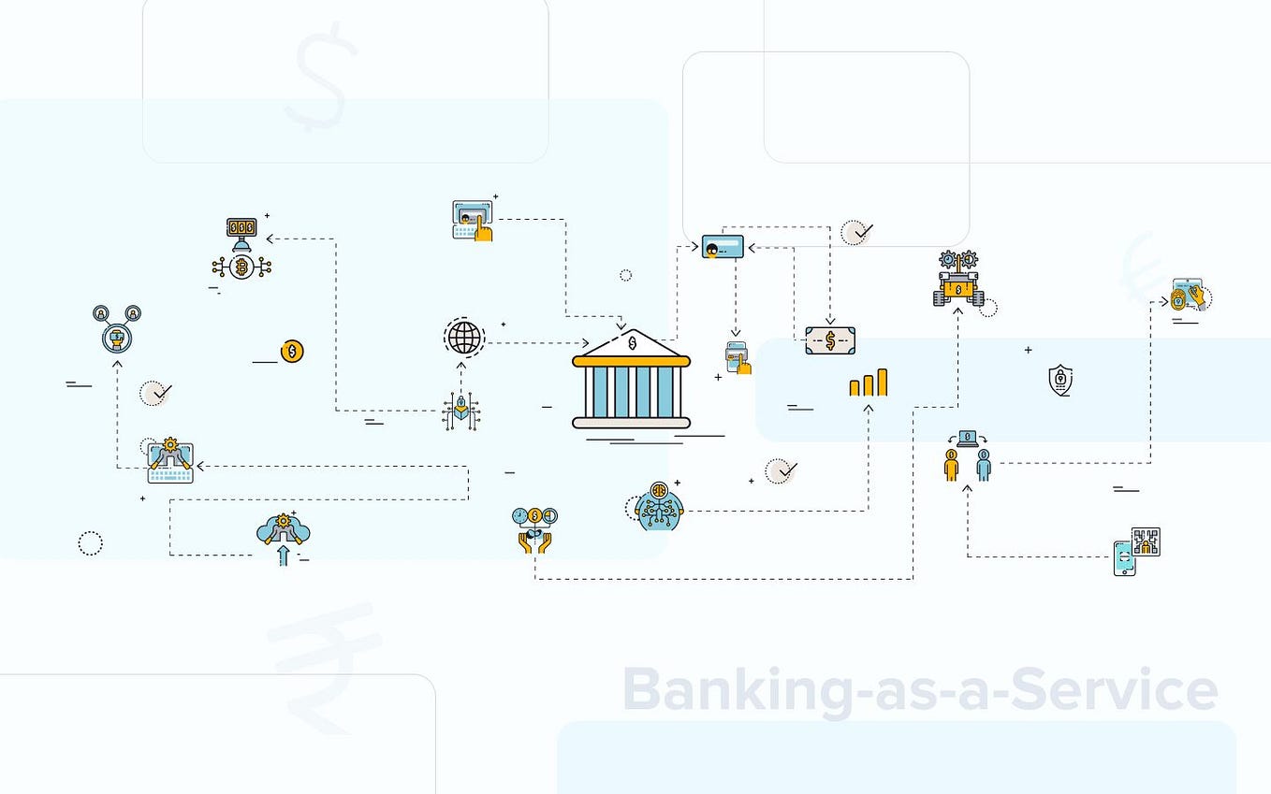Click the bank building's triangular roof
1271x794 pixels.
point(632,343)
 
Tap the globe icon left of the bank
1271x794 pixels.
point(464,338)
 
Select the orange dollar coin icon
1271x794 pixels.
point(292,352)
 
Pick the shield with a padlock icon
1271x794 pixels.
point(1060,380)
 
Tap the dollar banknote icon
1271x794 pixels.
point(830,340)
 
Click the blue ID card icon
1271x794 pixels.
point(723,247)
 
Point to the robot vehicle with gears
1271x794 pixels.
point(958,281)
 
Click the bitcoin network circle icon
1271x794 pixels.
point(241,267)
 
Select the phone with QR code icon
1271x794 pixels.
point(1136,551)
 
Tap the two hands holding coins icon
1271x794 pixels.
point(534,530)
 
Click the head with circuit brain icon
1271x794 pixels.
point(659,506)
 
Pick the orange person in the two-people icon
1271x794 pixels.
point(951,464)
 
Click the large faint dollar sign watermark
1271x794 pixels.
point(322,77)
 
